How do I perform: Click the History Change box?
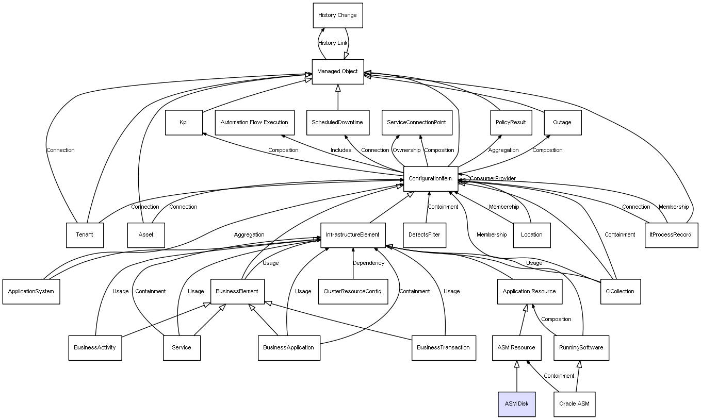[x=337, y=15]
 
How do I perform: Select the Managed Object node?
[x=337, y=72]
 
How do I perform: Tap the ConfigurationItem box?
[x=430, y=179]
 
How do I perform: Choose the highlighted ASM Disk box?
[x=516, y=404]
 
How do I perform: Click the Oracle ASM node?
[x=574, y=404]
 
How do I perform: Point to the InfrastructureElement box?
[x=352, y=235]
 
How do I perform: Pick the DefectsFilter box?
[x=425, y=235]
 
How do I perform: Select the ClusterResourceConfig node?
[x=352, y=292]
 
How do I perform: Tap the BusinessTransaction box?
[x=444, y=348]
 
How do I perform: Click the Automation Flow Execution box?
[x=254, y=123]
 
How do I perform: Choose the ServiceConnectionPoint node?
[x=416, y=123]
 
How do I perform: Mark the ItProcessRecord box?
[x=671, y=235]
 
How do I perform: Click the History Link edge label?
[x=333, y=43]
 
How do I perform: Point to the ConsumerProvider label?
[x=493, y=179]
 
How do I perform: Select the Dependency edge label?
[x=368, y=263]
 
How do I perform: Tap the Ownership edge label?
[x=406, y=150]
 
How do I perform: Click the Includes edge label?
[x=341, y=150]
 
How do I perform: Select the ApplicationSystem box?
[x=31, y=292]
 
